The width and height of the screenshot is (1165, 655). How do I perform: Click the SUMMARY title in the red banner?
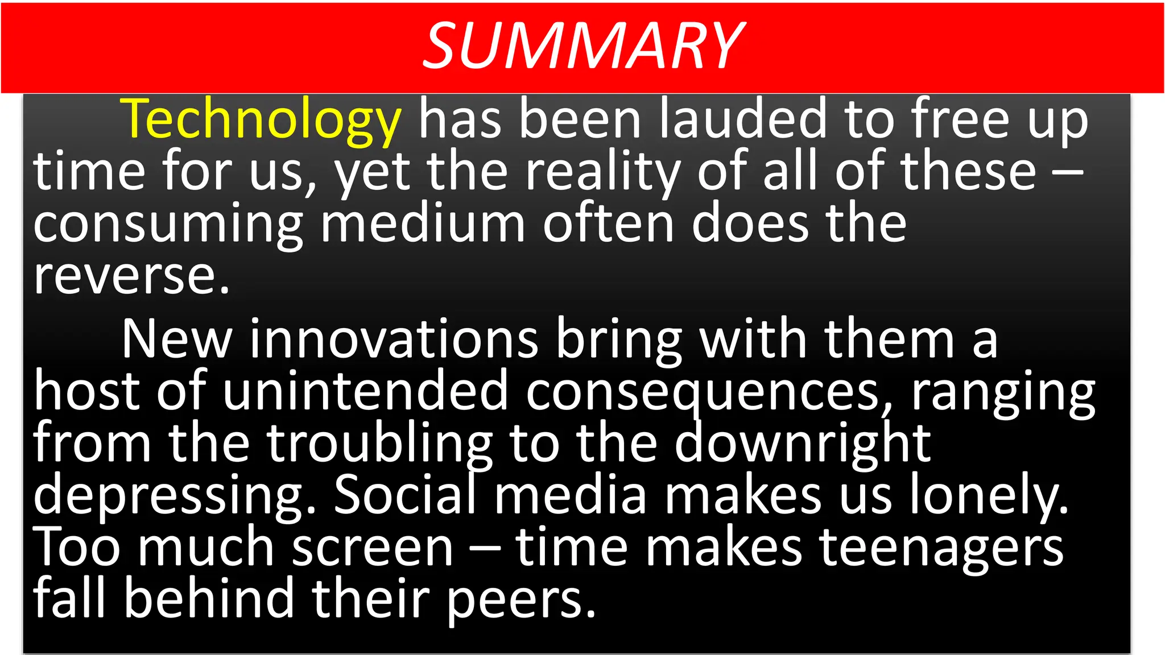tap(583, 45)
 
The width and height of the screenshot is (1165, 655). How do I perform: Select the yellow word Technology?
tap(261, 119)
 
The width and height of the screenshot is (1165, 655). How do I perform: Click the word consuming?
tap(168, 224)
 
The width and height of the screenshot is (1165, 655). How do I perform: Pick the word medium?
tap(423, 223)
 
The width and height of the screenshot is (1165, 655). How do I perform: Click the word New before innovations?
tap(177, 339)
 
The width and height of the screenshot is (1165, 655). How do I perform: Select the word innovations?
tap(394, 339)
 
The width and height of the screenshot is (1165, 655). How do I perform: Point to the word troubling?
tap(380, 443)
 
